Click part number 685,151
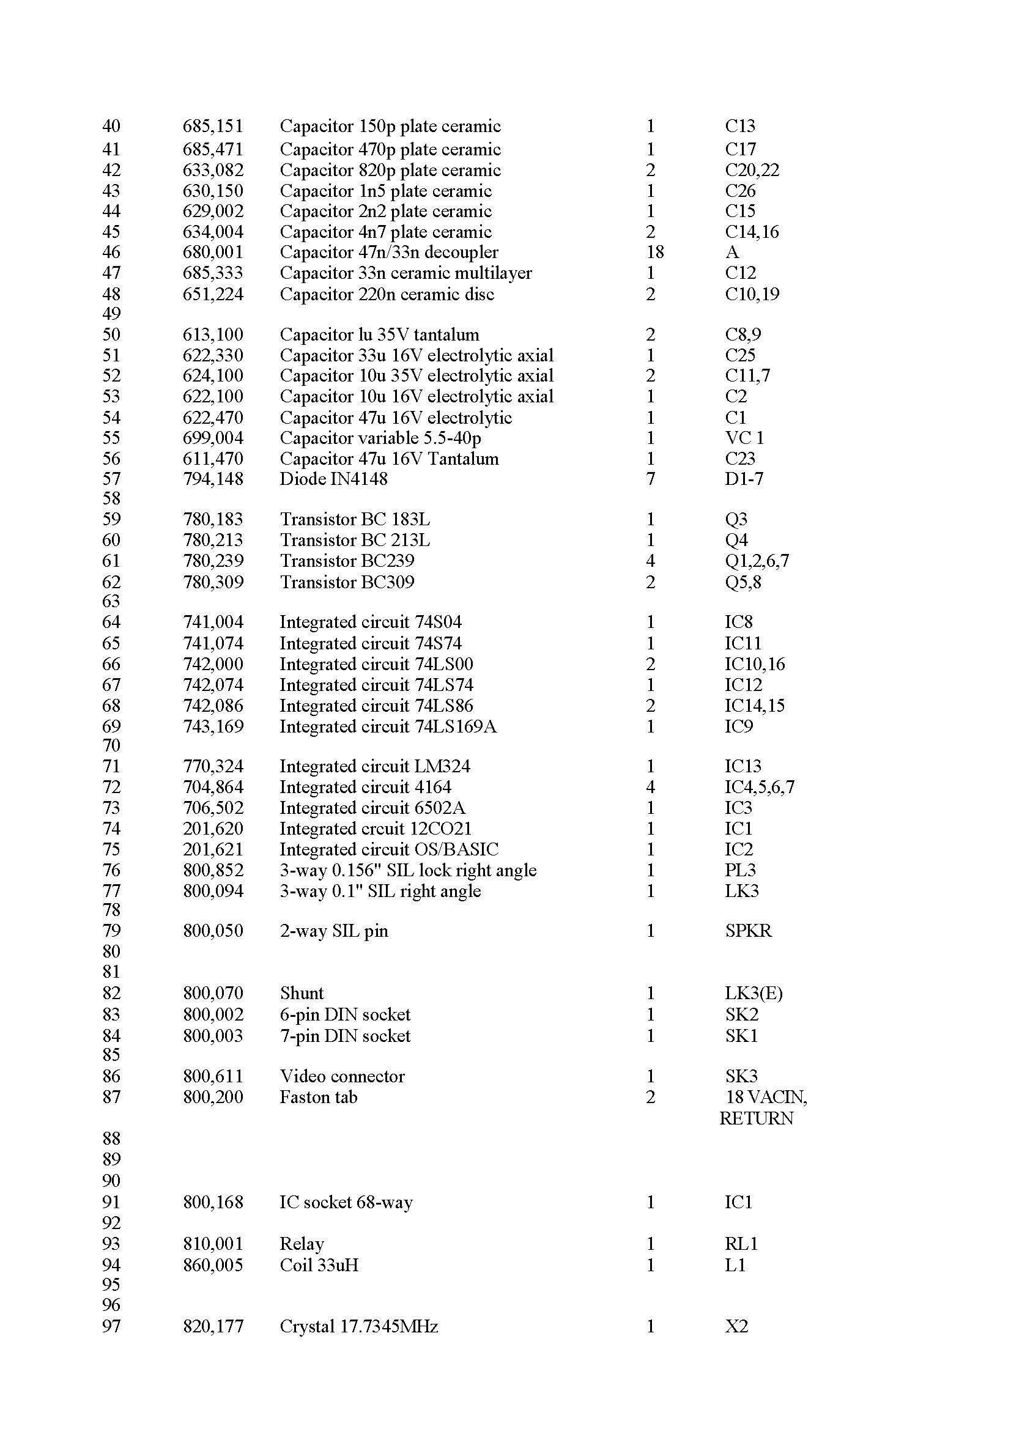coord(212,127)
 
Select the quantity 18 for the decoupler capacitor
coord(655,252)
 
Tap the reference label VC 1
coord(744,438)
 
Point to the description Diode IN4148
coord(333,479)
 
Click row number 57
coord(111,479)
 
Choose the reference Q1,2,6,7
coord(757,561)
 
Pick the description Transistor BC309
coord(347,582)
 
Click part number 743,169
coord(212,726)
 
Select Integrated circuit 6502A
coord(372,808)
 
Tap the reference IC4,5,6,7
coord(759,788)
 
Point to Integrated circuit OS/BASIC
coord(389,849)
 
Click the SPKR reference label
coord(747,931)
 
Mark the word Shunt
coord(302,993)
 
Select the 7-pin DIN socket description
coord(345,1036)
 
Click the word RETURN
coord(756,1118)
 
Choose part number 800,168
coord(212,1202)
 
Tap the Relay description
coord(302,1244)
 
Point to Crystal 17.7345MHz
coord(358,1326)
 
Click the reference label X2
coord(736,1326)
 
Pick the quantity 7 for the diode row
coord(651,479)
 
